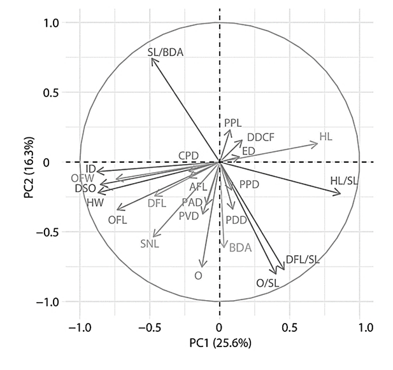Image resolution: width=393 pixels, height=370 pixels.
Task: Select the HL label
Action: (x=325, y=137)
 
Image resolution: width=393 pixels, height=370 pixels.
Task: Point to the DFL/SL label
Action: (x=303, y=259)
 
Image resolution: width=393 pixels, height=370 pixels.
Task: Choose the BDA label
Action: (x=240, y=247)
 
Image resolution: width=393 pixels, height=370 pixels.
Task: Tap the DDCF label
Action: (x=261, y=137)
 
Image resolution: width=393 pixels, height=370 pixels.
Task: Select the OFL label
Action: (x=118, y=220)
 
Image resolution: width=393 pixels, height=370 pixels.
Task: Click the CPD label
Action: (x=189, y=155)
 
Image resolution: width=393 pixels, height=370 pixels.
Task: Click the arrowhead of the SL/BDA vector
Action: (x=152, y=58)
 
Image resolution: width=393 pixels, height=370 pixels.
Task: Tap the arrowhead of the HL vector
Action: (x=317, y=144)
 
